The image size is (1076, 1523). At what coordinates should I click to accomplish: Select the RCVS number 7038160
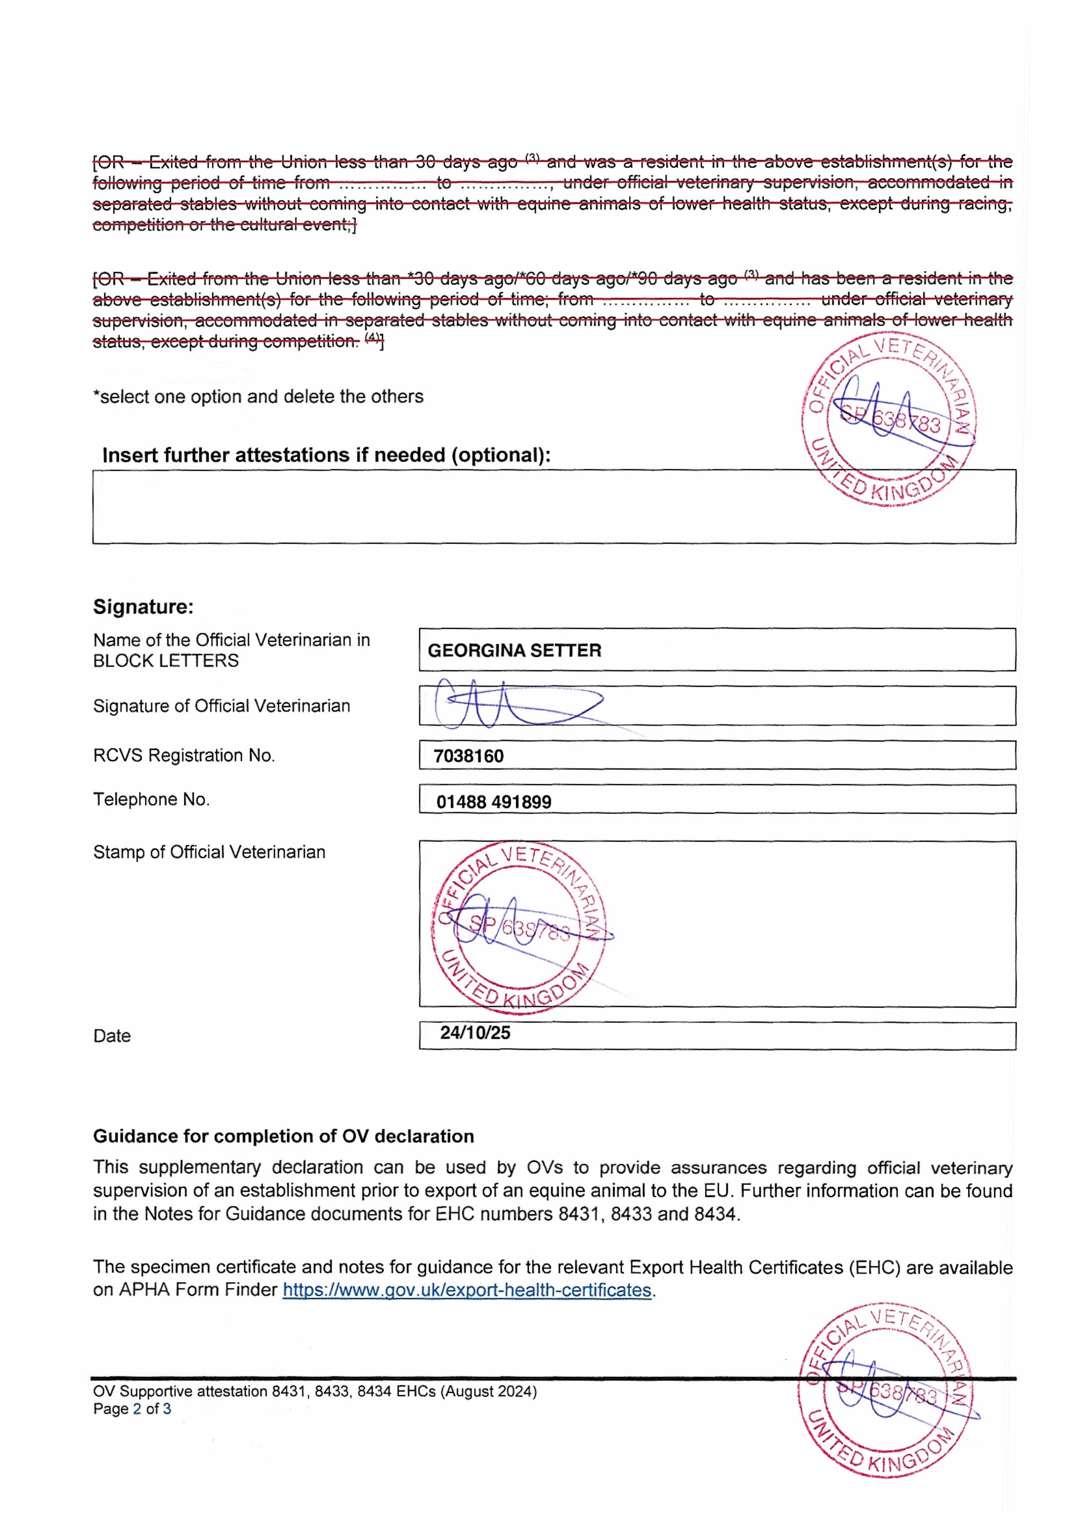[468, 756]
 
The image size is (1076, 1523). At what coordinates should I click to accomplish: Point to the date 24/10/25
[475, 1033]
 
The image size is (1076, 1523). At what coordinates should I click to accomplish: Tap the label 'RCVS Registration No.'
[184, 755]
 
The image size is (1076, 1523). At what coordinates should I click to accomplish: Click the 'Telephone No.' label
[151, 799]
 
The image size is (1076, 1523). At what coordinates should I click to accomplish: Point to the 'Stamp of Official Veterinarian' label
[209, 852]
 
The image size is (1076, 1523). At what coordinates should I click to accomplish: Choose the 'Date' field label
[111, 1036]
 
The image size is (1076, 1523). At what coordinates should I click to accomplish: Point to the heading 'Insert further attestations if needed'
[326, 456]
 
